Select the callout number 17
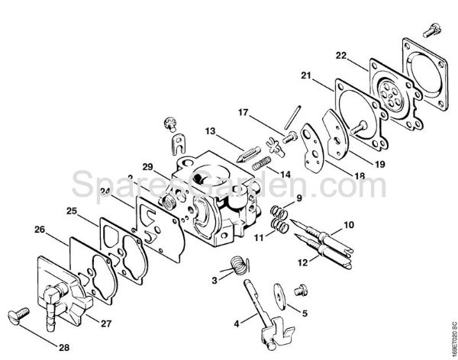pyautogui.click(x=243, y=114)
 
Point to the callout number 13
pyautogui.click(x=211, y=130)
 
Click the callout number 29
pyautogui.click(x=147, y=166)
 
